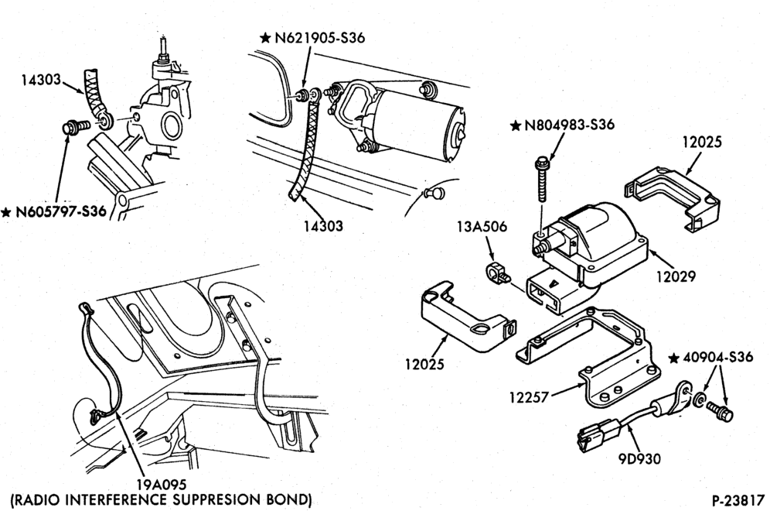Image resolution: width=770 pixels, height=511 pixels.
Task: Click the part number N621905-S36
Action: coord(320,38)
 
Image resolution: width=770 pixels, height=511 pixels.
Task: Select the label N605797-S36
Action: coord(61,212)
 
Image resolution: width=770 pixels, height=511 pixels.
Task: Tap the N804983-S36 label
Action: coord(570,125)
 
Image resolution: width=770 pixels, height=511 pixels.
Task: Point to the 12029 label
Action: coord(676,276)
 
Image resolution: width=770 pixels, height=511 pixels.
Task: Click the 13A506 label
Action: coord(482,227)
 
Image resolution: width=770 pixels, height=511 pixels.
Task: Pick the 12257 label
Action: coord(528,397)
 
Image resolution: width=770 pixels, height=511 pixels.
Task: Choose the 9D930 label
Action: coord(639,458)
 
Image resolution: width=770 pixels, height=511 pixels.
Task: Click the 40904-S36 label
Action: coord(718,357)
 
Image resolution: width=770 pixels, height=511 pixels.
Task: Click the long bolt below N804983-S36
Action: coord(542,179)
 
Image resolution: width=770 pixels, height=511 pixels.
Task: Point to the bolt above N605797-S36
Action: coord(76,127)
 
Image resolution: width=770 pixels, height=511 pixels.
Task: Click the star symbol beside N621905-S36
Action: coord(266,38)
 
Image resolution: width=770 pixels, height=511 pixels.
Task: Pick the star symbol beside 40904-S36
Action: coord(675,358)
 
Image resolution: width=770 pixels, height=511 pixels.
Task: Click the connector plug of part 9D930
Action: coord(593,434)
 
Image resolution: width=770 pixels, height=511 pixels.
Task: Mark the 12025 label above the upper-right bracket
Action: coord(702,142)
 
